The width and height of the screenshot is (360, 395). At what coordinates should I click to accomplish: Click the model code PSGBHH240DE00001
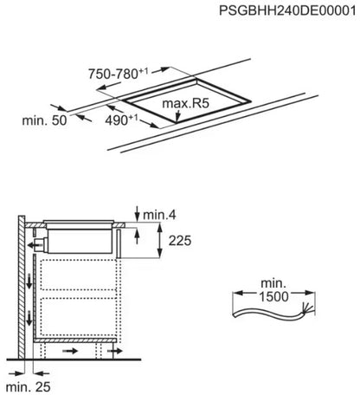(287, 10)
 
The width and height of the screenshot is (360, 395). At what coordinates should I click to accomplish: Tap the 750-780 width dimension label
(119, 74)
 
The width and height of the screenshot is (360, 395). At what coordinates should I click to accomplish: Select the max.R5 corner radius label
(185, 103)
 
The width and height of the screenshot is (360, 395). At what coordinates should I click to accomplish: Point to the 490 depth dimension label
(121, 120)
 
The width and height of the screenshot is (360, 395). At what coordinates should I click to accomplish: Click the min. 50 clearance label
(44, 120)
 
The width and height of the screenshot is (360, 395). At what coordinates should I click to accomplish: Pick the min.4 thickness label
(159, 215)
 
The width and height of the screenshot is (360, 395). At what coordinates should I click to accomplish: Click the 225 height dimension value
(180, 241)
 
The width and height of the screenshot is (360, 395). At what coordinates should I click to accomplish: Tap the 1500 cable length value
(273, 297)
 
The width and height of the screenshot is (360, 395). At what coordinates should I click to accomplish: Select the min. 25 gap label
(29, 387)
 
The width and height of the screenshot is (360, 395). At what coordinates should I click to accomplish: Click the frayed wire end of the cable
(306, 308)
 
